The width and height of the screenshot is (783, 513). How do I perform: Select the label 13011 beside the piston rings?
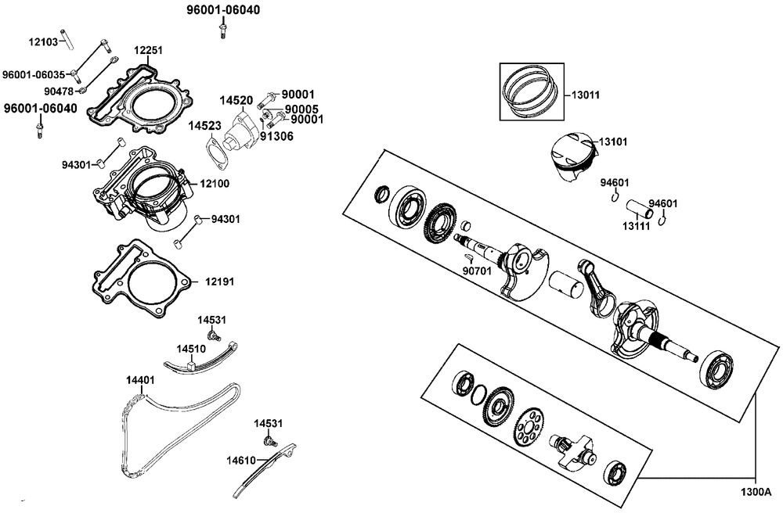585,95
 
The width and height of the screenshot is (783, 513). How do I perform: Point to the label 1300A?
756,493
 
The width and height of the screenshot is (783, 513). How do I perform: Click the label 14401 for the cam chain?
140,380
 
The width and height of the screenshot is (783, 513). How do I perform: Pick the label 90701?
478,271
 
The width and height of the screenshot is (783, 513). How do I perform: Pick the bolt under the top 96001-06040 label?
223,30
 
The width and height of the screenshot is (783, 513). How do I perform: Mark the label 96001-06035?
34,74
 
